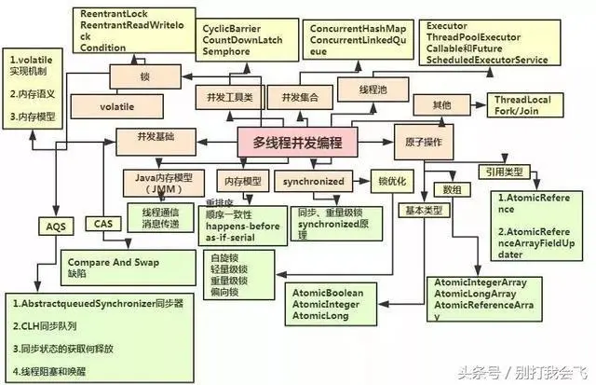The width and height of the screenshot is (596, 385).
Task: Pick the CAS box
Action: coord(102,224)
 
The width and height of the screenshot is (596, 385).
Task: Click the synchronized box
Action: coord(310,181)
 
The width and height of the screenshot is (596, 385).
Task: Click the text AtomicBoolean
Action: coord(328,292)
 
